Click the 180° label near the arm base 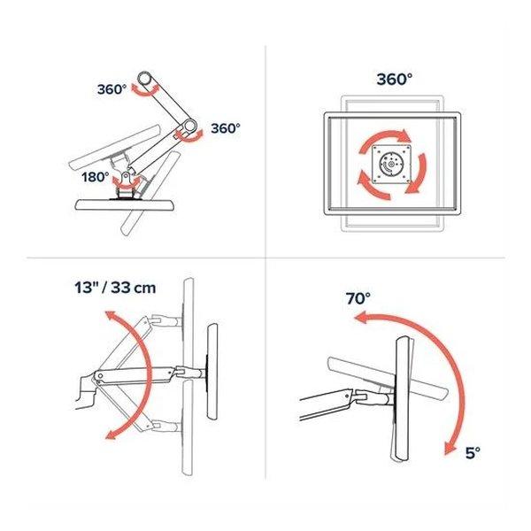pyautogui.click(x=96, y=177)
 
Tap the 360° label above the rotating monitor pyautogui.click(x=395, y=80)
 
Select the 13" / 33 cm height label pyautogui.click(x=115, y=288)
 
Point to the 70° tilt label pyautogui.click(x=358, y=299)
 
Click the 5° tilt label pyautogui.click(x=473, y=453)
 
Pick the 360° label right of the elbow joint pyautogui.click(x=225, y=128)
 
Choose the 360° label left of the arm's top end pyautogui.click(x=112, y=89)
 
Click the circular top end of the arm pyautogui.click(x=145, y=79)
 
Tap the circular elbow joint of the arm pyautogui.click(x=189, y=126)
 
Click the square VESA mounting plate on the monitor pyautogui.click(x=392, y=165)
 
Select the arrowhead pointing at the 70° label pyautogui.click(x=361, y=319)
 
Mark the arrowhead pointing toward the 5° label pyautogui.click(x=450, y=448)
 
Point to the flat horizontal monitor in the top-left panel pyautogui.click(x=125, y=205)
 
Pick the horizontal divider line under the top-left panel pyautogui.click(x=146, y=258)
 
